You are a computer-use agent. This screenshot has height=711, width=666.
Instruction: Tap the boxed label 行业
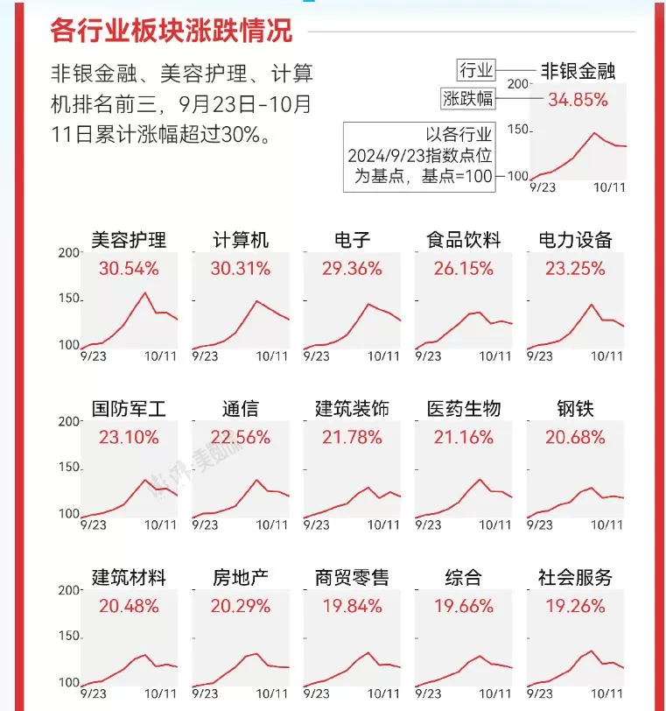[x=477, y=71]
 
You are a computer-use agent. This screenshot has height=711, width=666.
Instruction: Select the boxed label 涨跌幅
[x=467, y=99]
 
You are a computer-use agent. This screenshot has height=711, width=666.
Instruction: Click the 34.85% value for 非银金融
[x=578, y=100]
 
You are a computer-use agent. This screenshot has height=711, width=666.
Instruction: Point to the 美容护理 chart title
[x=129, y=240]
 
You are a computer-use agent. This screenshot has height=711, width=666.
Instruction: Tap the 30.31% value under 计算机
[x=241, y=269]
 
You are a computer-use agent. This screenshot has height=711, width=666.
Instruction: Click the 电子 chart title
[x=352, y=240]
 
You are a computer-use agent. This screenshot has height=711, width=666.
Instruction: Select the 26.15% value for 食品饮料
[x=463, y=269]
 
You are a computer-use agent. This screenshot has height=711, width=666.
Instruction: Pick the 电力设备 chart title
[x=575, y=240]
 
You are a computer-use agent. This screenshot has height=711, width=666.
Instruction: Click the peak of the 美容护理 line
[x=144, y=292]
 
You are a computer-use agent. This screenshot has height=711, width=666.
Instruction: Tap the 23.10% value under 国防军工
[x=129, y=438]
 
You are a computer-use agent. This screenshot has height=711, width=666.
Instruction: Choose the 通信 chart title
[x=241, y=409]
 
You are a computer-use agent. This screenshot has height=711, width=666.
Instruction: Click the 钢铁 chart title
[x=575, y=409]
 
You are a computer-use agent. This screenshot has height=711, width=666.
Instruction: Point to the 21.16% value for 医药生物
[x=463, y=438]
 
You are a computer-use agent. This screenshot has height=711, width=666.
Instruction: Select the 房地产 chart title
[x=241, y=578]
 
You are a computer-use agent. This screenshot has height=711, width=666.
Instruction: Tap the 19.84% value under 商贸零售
[x=352, y=607]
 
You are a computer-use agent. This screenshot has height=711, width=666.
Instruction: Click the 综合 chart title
[x=463, y=578]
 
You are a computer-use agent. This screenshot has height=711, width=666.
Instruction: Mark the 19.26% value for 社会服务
[x=575, y=607]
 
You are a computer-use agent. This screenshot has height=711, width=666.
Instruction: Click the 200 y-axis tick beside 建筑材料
[x=68, y=590]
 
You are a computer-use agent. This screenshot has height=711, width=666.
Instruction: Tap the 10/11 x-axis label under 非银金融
[x=608, y=187]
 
